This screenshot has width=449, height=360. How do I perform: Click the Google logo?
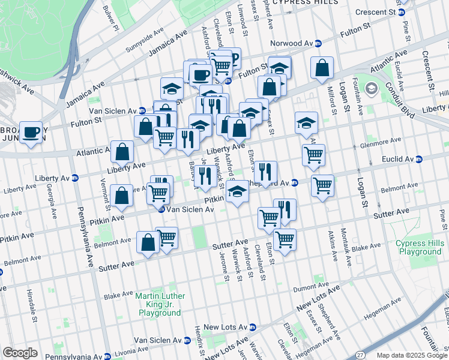click(x=20, y=353)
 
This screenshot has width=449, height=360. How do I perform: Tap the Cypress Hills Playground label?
click(x=418, y=247)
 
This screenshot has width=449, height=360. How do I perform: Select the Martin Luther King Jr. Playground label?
click(x=160, y=304)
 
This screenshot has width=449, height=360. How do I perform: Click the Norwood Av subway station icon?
click(x=318, y=44)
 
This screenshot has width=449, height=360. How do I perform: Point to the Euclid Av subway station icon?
click(x=419, y=159)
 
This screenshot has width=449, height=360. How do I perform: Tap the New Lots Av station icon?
click(x=253, y=327)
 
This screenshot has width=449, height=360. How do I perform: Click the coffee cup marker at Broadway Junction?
click(x=32, y=133)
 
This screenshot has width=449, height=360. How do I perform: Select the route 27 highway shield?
click(x=360, y=355)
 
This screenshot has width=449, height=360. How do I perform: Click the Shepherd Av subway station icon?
click(x=294, y=182)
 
